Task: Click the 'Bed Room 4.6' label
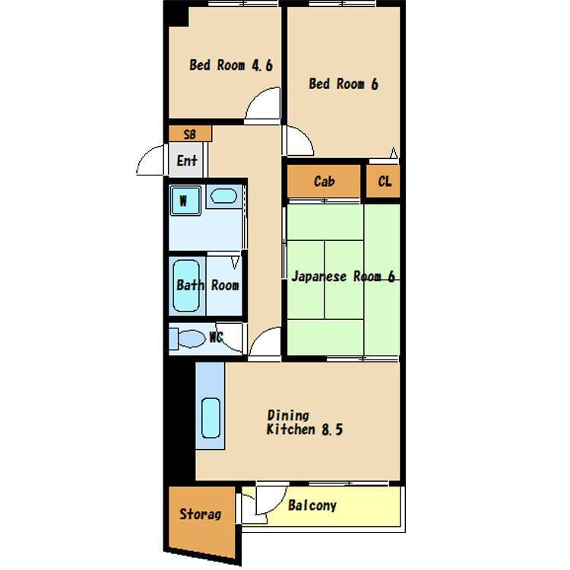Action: (231, 65)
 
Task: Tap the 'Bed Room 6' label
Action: (344, 84)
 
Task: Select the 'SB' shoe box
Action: (190, 134)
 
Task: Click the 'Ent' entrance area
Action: (186, 160)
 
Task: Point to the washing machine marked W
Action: (185, 201)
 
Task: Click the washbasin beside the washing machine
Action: (223, 196)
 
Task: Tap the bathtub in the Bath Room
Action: (186, 286)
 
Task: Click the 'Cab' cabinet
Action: (324, 181)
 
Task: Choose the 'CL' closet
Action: (383, 181)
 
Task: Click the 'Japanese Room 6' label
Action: (344, 277)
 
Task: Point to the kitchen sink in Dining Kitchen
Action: (211, 418)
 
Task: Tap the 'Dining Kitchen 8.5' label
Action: (305, 423)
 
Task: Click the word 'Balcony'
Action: (312, 505)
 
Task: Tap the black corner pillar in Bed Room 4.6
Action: (176, 14)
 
